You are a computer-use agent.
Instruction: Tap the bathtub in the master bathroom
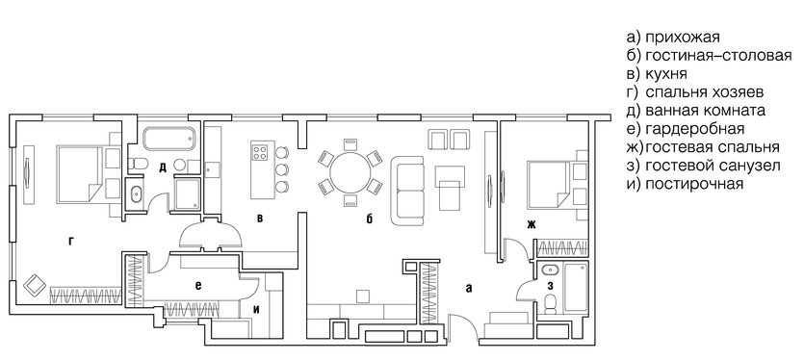[169, 139]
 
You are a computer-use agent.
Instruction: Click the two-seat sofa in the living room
[408, 192]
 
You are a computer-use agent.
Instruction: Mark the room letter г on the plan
[71, 241]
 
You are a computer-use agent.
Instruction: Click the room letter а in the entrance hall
[468, 288]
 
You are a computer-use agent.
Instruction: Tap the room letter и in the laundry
[257, 309]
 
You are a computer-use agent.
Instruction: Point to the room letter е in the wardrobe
[197, 286]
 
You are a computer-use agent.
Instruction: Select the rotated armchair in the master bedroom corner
[35, 285]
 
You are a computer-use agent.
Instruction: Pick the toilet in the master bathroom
[138, 164]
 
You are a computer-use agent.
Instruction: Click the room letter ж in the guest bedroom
[531, 223]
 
